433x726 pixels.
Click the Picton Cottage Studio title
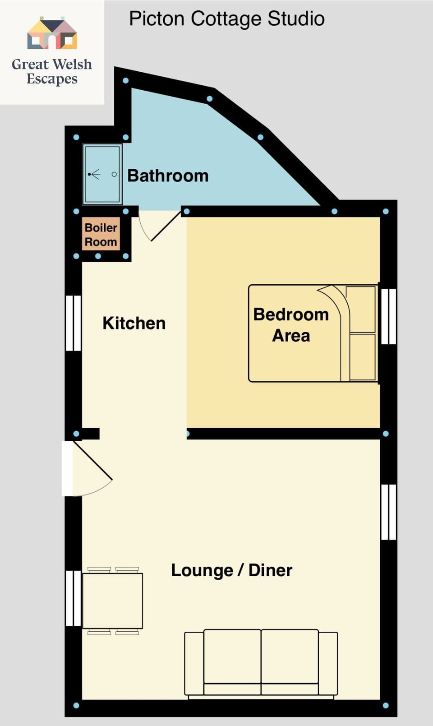226,19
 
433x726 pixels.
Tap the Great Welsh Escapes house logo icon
52,33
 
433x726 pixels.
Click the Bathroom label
168,176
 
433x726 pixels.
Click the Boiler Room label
101,235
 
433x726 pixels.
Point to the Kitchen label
134,323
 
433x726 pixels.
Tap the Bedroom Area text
291,325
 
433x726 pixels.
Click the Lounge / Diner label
231,570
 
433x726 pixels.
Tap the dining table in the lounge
113,601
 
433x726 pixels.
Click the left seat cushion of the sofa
232,657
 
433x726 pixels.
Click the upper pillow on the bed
362,310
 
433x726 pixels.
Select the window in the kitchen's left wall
73,323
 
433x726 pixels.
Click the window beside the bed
389,316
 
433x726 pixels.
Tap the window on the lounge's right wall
388,512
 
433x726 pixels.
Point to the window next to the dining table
73,598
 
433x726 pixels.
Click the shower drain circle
114,174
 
